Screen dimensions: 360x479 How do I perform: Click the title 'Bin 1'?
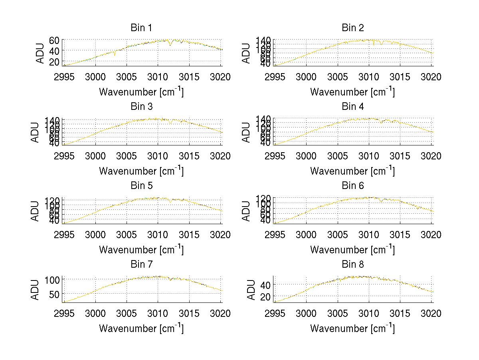(x=141, y=28)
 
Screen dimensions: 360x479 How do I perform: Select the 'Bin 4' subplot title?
(x=352, y=107)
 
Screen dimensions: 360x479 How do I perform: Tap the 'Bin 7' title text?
(x=141, y=265)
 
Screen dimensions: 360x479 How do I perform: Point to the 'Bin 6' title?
(x=352, y=186)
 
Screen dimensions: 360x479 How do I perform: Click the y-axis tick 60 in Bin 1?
(x=54, y=40)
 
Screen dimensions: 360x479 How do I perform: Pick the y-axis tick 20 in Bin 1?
(x=54, y=62)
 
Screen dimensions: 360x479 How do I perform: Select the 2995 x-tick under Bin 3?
(x=64, y=156)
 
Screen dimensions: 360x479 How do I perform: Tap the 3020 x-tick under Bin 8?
(x=431, y=314)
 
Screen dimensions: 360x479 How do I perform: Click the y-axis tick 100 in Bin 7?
(x=52, y=279)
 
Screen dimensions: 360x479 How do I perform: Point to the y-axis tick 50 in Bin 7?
(x=54, y=294)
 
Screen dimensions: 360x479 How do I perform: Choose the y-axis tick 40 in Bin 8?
(x=265, y=284)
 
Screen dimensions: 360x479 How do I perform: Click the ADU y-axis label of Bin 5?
(x=35, y=211)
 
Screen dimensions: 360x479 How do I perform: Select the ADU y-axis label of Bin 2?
(x=246, y=53)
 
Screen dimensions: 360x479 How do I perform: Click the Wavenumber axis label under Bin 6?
(x=352, y=250)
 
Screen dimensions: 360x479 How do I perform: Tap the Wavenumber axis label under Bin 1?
(x=141, y=92)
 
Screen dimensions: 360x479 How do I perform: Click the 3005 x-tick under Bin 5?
(x=127, y=235)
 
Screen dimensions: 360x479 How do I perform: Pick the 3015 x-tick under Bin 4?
(x=400, y=156)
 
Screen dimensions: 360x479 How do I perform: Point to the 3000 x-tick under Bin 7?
(x=95, y=314)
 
